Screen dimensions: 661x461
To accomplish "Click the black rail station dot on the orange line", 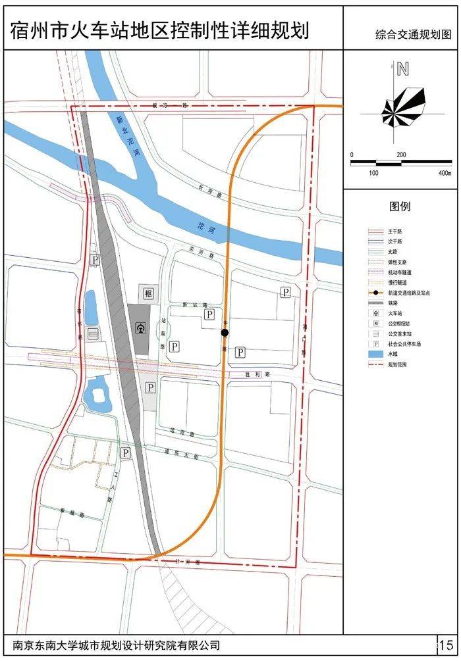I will tap(225, 333).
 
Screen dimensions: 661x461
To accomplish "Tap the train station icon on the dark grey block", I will tap(140, 328).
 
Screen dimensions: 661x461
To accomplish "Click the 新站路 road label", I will tap(191, 305).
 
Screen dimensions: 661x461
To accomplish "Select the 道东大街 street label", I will tap(182, 454).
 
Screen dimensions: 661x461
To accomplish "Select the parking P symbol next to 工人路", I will tap(125, 453).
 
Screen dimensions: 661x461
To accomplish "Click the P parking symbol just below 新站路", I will tap(209, 315).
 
